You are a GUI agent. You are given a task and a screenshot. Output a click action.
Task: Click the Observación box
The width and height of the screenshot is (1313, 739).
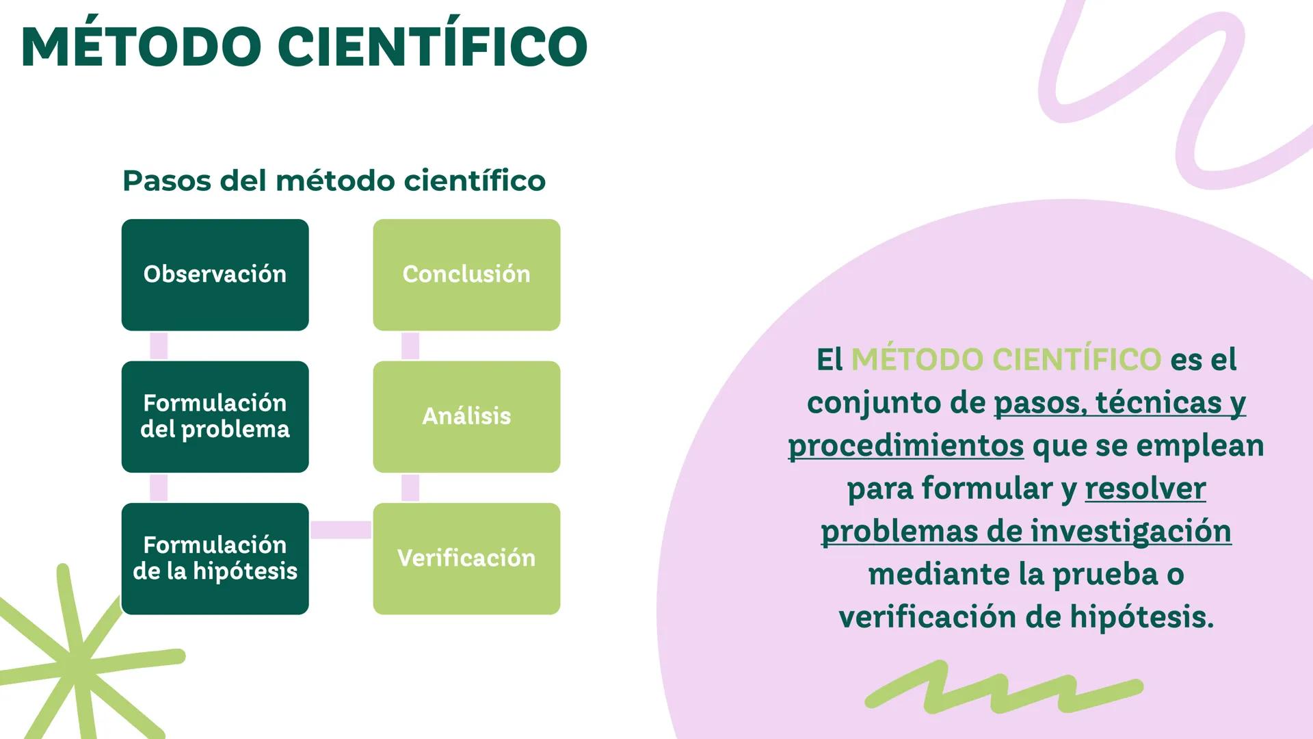[215, 274]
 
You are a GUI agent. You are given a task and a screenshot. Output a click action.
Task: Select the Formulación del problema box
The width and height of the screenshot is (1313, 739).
[215, 416]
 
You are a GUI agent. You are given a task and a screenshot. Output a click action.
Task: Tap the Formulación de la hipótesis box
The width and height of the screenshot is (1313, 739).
[215, 558]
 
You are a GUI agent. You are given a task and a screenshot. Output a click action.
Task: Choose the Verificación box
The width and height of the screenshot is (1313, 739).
[466, 558]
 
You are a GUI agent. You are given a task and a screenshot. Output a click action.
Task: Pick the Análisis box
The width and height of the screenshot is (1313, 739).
[466, 416]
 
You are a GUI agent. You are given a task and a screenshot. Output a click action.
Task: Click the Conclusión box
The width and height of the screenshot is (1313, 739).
[466, 274]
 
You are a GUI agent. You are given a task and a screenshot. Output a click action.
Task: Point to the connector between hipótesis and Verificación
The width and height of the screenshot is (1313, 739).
[341, 530]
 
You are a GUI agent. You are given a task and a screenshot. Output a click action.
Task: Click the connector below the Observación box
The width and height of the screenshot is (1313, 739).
[159, 346]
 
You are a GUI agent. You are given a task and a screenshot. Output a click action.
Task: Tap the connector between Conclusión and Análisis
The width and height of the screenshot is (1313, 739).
[410, 346]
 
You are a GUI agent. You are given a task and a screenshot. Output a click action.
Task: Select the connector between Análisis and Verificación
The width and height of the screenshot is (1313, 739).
[410, 488]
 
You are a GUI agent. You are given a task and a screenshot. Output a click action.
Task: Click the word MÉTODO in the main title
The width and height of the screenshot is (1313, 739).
[141, 47]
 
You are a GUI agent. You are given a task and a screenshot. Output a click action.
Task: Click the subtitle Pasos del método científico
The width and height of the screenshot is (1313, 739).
[334, 181]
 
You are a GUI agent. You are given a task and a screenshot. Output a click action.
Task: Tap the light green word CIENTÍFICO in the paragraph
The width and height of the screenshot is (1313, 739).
[1076, 359]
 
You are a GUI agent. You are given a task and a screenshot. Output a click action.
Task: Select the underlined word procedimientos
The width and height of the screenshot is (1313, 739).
[905, 445]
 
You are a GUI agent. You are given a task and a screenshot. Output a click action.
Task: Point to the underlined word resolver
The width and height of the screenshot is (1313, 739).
[1145, 489]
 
